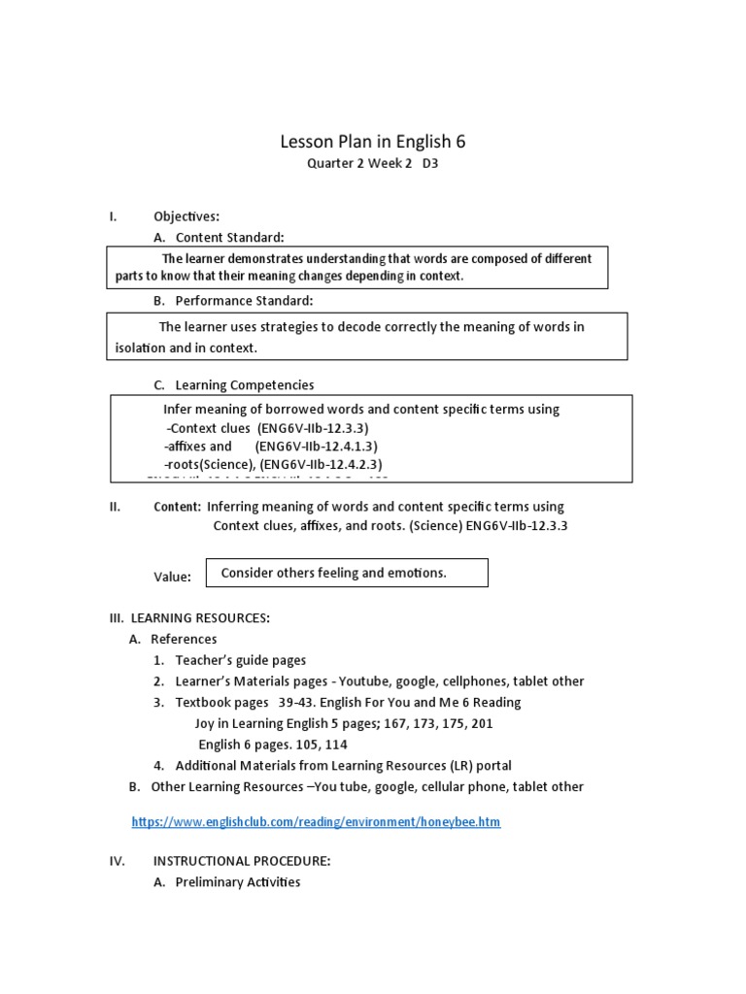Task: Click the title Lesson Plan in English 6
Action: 373,141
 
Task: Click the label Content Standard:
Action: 229,237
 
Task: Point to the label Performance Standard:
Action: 244,301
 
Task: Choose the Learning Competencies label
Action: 244,385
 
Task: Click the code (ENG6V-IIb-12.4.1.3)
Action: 317,447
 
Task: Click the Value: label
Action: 172,577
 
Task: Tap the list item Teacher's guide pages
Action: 240,660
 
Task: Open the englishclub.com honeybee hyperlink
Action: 316,822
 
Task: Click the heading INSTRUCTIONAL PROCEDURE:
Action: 242,860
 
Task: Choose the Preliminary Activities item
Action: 238,881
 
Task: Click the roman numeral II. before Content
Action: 114,507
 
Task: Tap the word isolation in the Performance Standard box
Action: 138,347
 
